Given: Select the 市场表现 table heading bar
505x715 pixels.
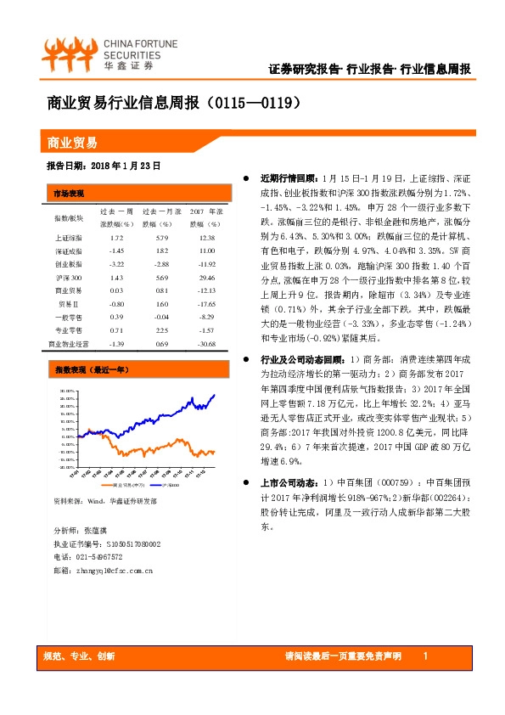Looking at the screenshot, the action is point(136,193).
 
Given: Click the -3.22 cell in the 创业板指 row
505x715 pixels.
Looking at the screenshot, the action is point(117,264).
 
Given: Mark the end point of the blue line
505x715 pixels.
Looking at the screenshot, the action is point(214,394).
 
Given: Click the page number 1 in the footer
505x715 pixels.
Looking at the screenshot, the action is point(424,657).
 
